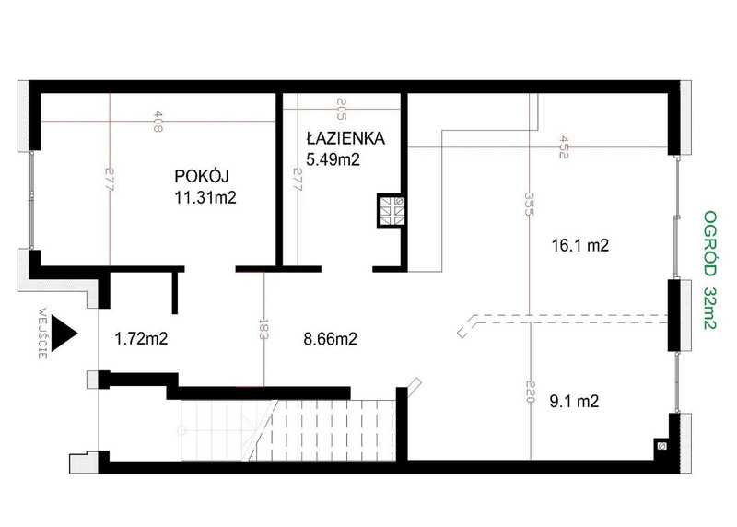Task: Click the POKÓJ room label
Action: click(x=202, y=176)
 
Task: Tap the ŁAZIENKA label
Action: click(x=345, y=138)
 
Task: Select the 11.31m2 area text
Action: click(x=205, y=197)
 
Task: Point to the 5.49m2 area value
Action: click(x=333, y=159)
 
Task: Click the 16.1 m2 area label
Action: click(x=580, y=245)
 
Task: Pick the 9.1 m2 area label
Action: click(x=574, y=402)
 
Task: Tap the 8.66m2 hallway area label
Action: click(x=330, y=338)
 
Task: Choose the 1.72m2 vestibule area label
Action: click(x=141, y=338)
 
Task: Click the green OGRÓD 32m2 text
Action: click(x=709, y=270)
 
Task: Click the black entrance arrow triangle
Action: click(x=63, y=334)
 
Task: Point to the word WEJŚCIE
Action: click(x=42, y=334)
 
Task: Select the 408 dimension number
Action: click(x=158, y=121)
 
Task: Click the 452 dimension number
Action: click(x=563, y=147)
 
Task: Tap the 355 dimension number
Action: click(x=529, y=204)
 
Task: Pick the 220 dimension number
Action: click(x=530, y=392)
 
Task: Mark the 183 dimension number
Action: click(x=263, y=330)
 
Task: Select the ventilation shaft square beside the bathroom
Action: click(x=392, y=210)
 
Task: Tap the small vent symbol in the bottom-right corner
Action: click(x=661, y=445)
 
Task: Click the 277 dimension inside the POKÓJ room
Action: click(x=109, y=180)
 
